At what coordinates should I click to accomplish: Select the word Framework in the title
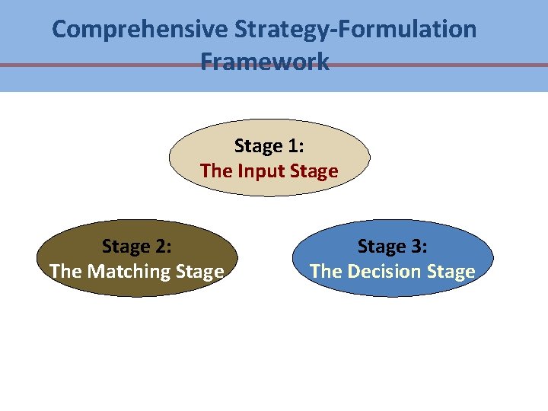265,61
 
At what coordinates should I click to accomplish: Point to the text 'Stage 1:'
269,145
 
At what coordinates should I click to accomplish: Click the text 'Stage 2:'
137,247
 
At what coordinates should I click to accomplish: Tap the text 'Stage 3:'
393,247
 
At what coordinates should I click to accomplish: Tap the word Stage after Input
312,171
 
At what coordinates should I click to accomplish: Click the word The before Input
216,171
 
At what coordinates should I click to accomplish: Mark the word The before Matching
65,271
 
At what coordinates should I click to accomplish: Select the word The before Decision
326,271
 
